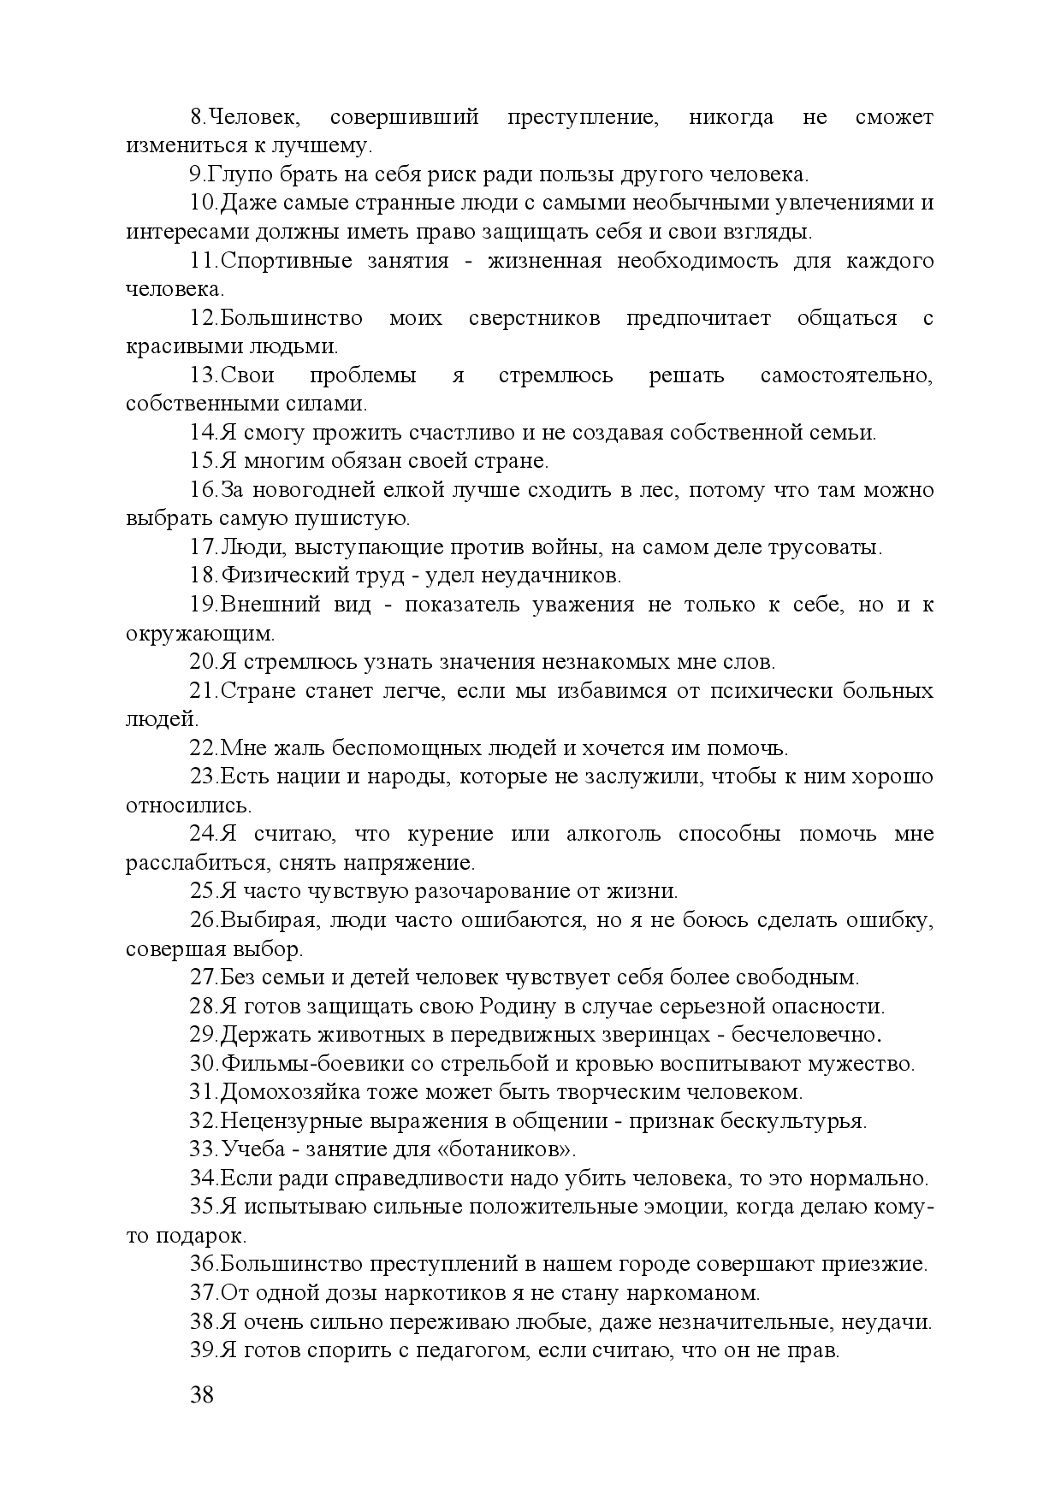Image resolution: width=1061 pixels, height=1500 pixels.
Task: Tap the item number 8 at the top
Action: point(195,117)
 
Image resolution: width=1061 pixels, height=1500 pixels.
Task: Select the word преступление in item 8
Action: point(583,117)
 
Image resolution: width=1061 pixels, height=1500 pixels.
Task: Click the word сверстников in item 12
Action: point(534,318)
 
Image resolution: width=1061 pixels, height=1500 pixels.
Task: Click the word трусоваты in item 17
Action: point(822,547)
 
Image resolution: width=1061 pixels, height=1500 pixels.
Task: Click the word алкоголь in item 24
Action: point(613,834)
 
